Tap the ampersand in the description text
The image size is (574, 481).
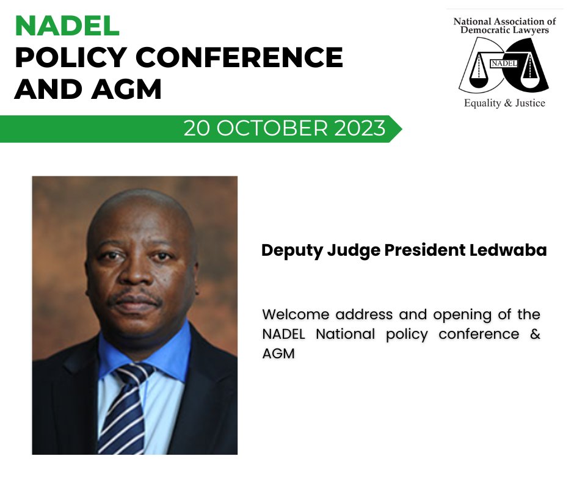(535, 335)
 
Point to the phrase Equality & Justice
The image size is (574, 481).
(504, 103)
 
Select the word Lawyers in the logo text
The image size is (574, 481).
(534, 29)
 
